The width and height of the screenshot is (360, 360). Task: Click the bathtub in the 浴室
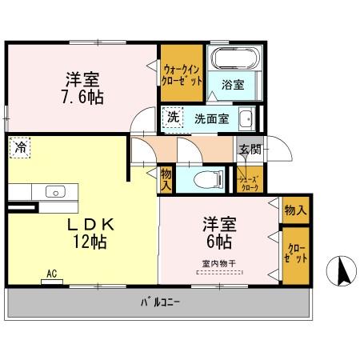pos(231,59)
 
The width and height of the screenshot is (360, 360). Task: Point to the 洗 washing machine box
pos(173,117)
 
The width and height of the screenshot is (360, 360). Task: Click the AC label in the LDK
pos(52,274)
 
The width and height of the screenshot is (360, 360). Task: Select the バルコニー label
pos(161,303)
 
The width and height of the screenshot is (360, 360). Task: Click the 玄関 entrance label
pos(247,148)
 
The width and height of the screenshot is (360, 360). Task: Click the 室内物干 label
pos(217,263)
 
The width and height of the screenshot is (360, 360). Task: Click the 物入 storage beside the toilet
pos(166,179)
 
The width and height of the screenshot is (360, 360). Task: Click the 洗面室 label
pos(211,118)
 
